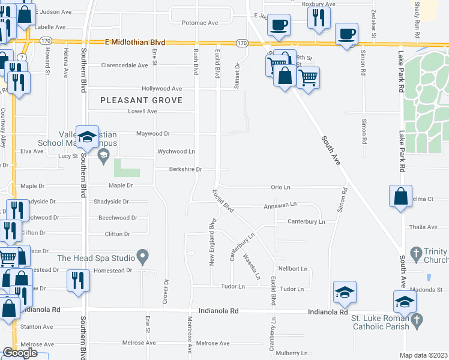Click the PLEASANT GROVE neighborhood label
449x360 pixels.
point(141,100)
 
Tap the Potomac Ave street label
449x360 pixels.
point(200,23)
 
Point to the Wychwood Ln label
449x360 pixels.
point(176,151)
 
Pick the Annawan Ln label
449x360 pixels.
point(280,205)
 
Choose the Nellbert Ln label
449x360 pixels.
point(293,269)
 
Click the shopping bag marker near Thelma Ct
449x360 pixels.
point(400,197)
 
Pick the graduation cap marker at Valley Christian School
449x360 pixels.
point(88,138)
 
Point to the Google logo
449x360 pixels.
point(20,353)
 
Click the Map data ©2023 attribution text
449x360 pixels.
point(423,355)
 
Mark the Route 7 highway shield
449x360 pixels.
point(21,56)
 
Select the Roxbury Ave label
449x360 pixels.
point(318,4)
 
